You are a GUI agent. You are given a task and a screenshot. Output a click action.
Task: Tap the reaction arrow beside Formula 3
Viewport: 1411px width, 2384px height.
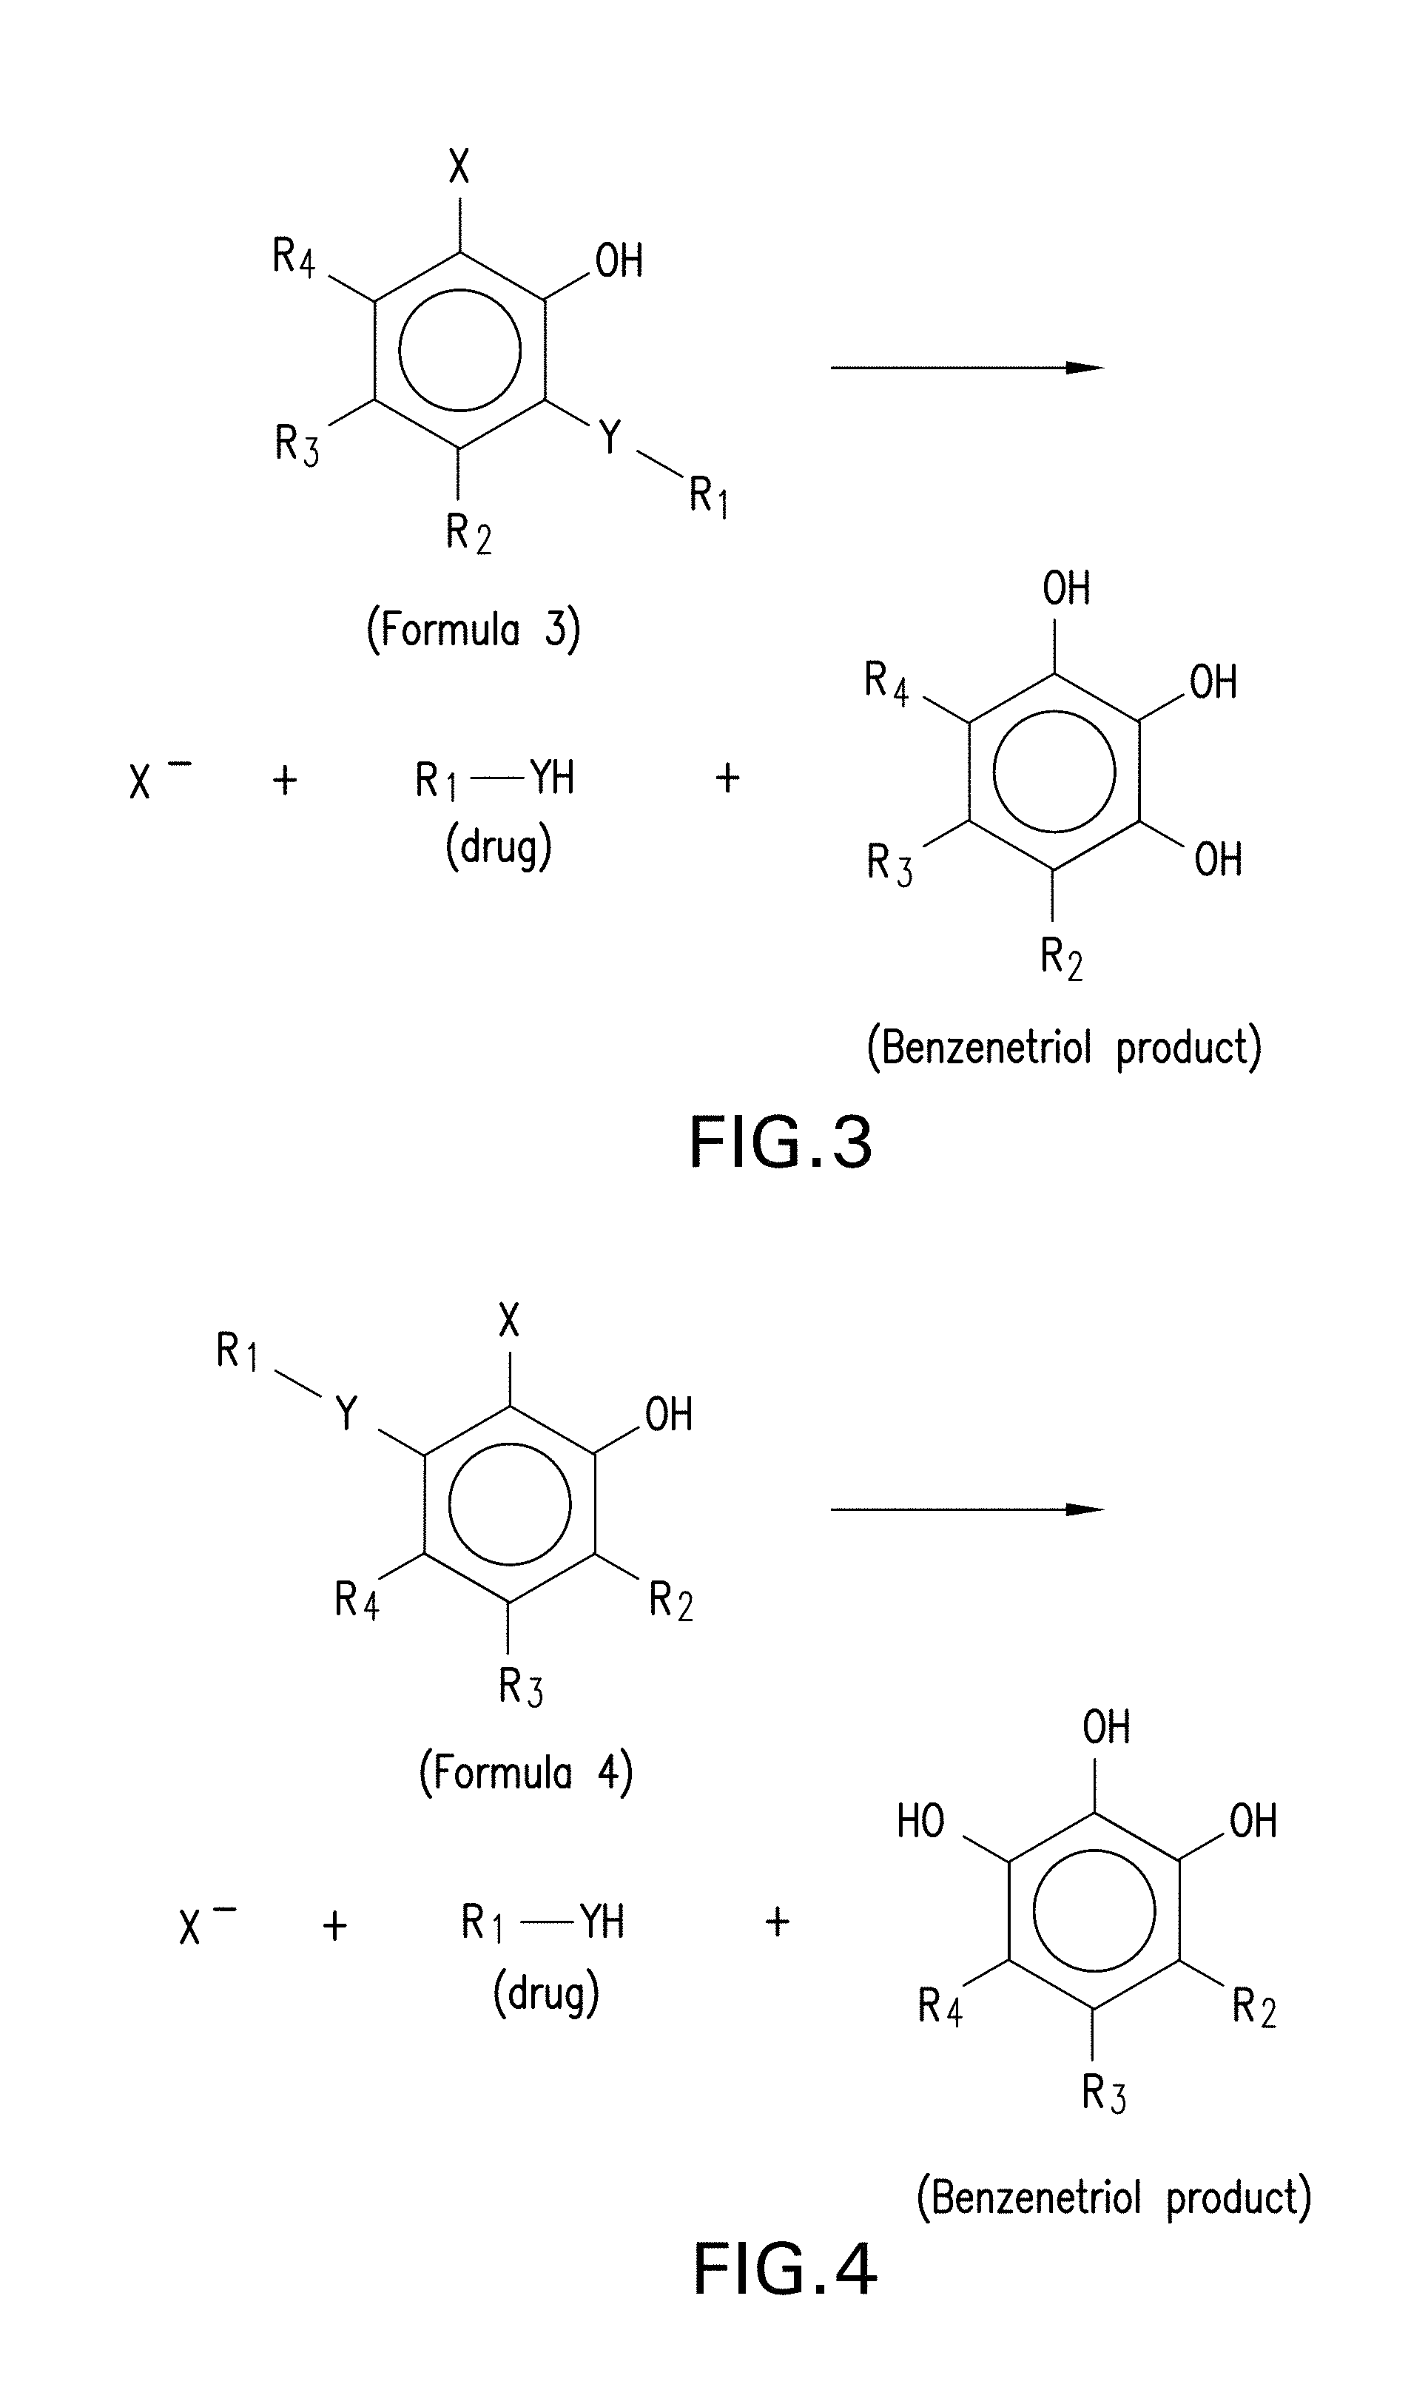[x=966, y=368]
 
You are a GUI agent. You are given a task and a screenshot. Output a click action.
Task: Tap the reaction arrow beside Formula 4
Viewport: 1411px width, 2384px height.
[x=966, y=1509]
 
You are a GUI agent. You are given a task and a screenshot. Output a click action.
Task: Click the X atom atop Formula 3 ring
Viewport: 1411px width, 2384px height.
[x=459, y=168]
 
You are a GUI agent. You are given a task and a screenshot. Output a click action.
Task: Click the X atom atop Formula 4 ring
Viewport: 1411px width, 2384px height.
[x=510, y=1320]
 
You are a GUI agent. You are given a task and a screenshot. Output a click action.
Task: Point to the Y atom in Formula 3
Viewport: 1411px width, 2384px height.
[x=610, y=437]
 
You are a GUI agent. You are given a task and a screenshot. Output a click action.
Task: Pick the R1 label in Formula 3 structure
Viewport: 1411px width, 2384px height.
[x=708, y=496]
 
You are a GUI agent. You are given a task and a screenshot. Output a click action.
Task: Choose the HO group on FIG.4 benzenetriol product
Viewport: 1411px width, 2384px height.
[x=920, y=1822]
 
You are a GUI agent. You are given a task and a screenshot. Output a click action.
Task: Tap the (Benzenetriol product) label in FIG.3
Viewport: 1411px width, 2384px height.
[x=1064, y=1048]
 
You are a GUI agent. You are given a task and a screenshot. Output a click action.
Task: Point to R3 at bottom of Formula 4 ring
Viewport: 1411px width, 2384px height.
[x=521, y=1687]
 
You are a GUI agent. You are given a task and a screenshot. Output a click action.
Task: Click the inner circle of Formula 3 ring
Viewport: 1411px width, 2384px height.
[x=460, y=350]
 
